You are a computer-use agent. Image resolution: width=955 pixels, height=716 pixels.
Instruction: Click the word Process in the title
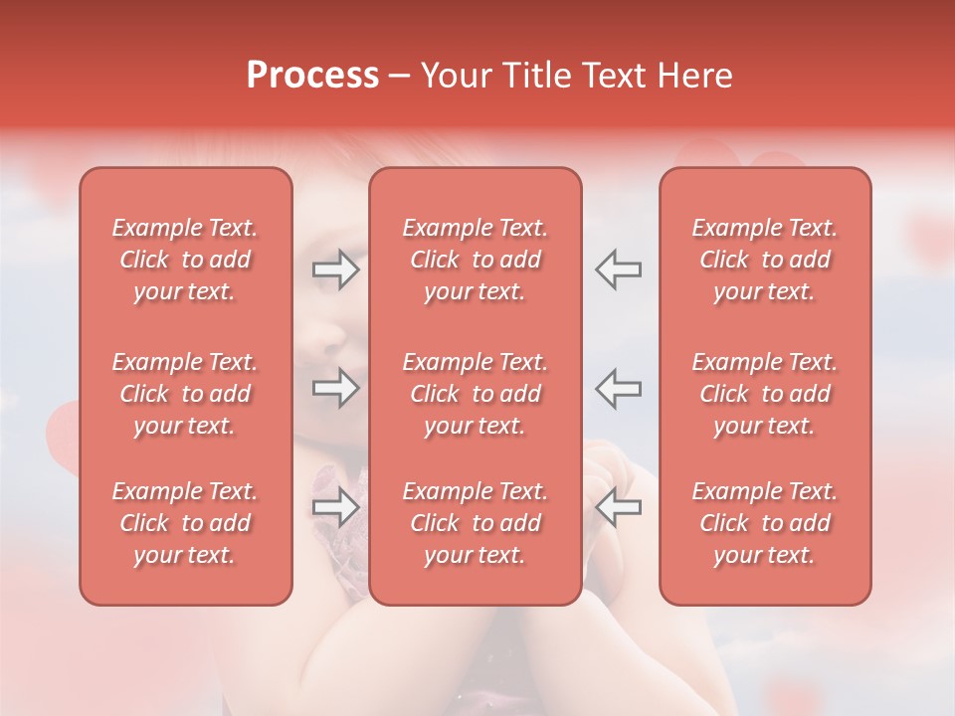click(x=312, y=76)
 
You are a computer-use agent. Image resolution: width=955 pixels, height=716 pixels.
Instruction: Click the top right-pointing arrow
click(x=336, y=269)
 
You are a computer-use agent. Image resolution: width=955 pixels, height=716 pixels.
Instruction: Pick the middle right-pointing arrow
click(x=336, y=388)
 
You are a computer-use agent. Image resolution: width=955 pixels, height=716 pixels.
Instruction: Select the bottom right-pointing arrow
click(x=336, y=508)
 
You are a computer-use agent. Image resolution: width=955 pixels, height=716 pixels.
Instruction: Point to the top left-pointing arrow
click(x=618, y=269)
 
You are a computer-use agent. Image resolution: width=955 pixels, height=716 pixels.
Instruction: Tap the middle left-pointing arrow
click(x=618, y=388)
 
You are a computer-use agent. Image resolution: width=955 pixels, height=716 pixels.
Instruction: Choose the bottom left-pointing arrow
click(x=618, y=508)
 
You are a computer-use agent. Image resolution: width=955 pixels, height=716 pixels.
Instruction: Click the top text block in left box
click(x=185, y=260)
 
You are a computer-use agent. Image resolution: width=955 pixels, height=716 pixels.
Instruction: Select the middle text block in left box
click(x=185, y=394)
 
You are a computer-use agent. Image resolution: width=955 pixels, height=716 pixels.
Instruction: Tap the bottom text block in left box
click(x=185, y=523)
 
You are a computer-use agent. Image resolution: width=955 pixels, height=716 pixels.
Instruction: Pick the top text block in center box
click(x=476, y=260)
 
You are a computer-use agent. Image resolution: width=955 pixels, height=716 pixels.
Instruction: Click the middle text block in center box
click(x=476, y=394)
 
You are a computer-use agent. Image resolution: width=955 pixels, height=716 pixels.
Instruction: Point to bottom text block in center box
click(x=476, y=523)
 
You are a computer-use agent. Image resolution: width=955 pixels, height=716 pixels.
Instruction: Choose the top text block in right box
click(x=765, y=260)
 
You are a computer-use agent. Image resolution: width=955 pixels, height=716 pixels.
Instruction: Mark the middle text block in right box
click(x=765, y=394)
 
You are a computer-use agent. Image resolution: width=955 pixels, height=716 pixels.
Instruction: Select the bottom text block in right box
click(x=765, y=523)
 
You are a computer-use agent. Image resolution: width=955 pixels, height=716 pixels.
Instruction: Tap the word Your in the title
click(x=454, y=76)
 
